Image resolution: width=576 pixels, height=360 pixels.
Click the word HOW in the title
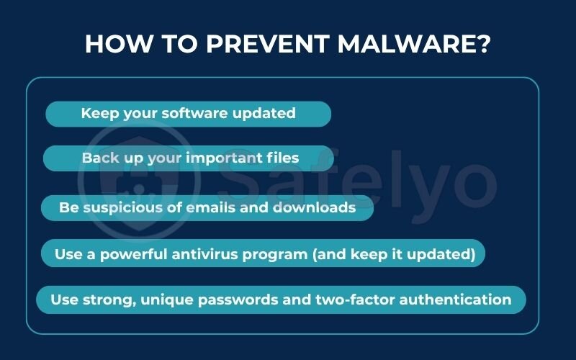pyautogui.click(x=114, y=44)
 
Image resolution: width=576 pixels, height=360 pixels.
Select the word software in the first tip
pyautogui.click(x=194, y=113)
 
